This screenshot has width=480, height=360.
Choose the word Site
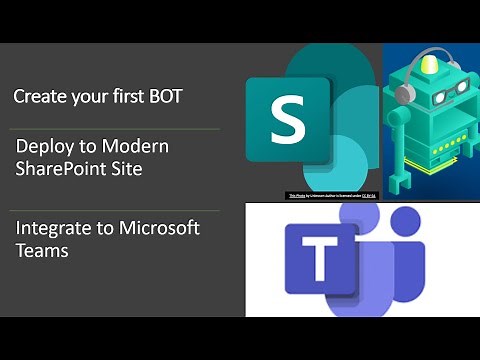126,169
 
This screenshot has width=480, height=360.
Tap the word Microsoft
159,228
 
